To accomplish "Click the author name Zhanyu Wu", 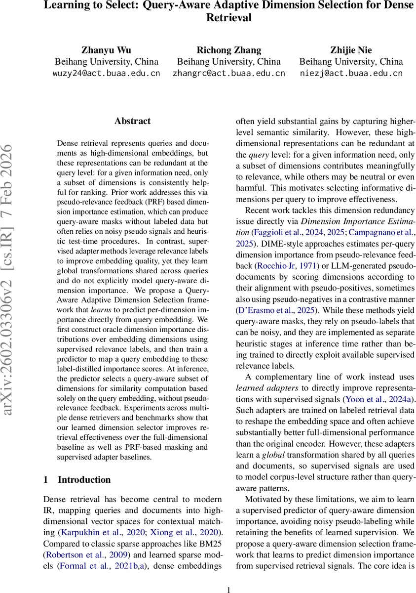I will (106, 49).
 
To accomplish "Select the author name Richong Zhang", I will (228, 49).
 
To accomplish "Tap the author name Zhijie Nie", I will (351, 49).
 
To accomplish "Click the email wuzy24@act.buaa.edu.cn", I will (106, 74).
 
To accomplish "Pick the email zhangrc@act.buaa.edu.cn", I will (228, 74).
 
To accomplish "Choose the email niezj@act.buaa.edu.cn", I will (351, 74).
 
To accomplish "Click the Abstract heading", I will (132, 121).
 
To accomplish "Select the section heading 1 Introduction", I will (77, 479).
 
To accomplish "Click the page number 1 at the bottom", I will (228, 589).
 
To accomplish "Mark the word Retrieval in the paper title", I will (228, 18).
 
